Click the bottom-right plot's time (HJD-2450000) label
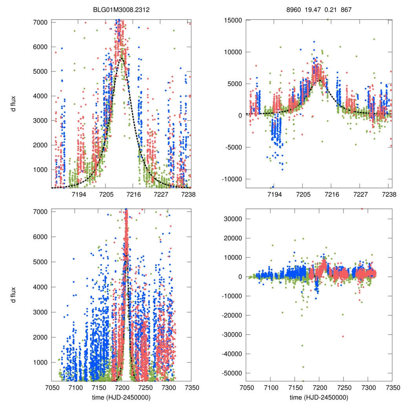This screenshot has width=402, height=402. click(319, 397)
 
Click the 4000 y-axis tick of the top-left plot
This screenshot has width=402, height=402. click(40, 96)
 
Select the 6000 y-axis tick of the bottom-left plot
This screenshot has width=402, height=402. click(40, 237)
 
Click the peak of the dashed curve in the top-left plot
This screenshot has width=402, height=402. click(122, 58)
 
